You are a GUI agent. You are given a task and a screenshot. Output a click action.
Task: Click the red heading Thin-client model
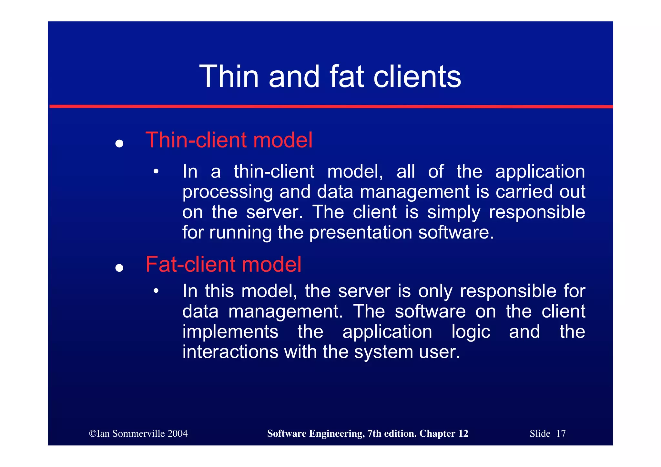229,140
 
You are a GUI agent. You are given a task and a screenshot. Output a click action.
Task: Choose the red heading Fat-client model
223,264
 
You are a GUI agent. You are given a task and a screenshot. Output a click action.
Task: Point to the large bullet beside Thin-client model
119,143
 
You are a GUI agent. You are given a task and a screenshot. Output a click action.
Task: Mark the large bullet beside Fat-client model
119,268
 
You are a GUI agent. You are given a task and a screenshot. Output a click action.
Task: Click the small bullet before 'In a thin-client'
156,171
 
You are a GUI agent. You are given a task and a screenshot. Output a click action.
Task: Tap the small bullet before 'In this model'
156,291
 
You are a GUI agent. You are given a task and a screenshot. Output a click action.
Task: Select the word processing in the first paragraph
228,192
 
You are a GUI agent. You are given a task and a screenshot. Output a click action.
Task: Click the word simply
454,213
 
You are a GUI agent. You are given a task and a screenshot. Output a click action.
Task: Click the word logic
471,332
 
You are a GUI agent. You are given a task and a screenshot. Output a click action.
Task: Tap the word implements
230,332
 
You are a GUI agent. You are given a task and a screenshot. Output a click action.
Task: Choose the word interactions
230,352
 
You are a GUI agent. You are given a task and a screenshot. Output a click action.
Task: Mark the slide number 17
561,433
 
